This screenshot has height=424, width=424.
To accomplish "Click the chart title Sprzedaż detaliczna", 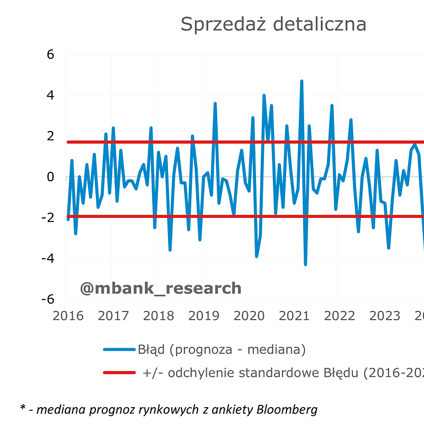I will click(x=273, y=24).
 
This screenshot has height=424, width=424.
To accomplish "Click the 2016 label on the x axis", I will click(x=68, y=316).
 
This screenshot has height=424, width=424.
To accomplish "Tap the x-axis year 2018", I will click(x=158, y=316).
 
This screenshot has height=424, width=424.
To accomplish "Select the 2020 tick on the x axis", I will click(x=249, y=316).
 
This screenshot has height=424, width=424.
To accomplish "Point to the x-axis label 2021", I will click(x=294, y=316).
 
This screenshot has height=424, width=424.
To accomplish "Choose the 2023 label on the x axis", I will click(x=385, y=316).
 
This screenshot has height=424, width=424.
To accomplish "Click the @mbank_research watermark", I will click(x=161, y=288).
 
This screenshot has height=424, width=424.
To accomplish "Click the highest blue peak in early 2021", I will click(x=302, y=81).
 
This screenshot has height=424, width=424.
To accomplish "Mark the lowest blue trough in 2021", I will click(x=305, y=264).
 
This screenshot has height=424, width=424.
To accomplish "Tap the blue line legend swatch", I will click(x=119, y=350).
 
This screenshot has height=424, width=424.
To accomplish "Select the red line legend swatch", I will click(x=119, y=373).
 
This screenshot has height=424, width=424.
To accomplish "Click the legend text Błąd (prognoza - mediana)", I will click(x=222, y=350).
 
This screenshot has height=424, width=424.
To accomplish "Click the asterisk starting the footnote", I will click(x=23, y=408).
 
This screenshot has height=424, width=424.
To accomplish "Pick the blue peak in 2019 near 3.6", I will click(x=215, y=103).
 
